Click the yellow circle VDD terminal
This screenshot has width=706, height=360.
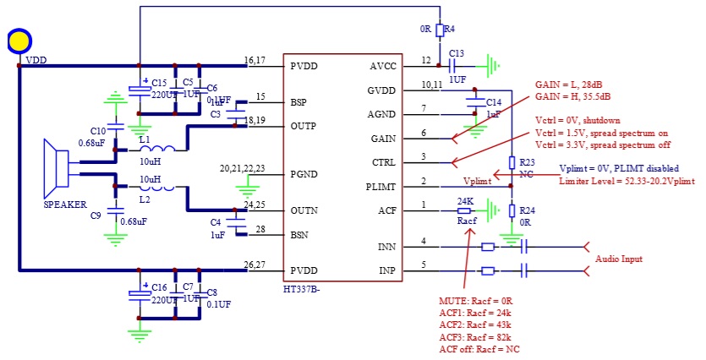[19, 40]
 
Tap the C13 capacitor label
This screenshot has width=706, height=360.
[457, 52]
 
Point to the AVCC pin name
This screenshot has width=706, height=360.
[384, 65]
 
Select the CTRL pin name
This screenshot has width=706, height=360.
[383, 161]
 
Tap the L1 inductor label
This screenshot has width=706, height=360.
[145, 139]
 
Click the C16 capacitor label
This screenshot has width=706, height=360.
[159, 288]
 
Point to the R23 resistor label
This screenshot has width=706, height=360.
[527, 161]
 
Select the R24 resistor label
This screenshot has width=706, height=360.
[527, 210]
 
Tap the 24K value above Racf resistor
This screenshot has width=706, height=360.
[464, 200]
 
